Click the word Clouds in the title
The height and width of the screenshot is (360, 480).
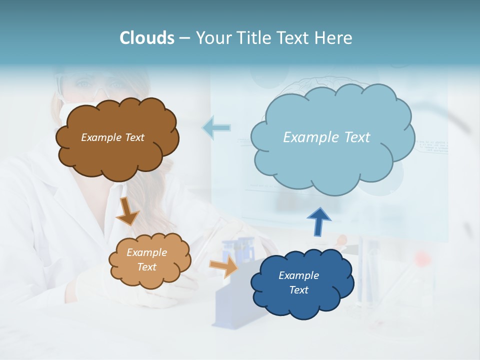point(147,37)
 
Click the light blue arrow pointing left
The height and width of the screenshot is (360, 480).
point(216,128)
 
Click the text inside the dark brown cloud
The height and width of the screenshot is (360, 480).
point(112,137)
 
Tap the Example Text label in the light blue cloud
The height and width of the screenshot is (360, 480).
point(326,137)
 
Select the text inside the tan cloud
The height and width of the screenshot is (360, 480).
point(146,260)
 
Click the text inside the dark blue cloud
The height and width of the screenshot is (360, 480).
point(298,282)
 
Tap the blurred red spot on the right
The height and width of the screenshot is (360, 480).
point(423,258)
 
